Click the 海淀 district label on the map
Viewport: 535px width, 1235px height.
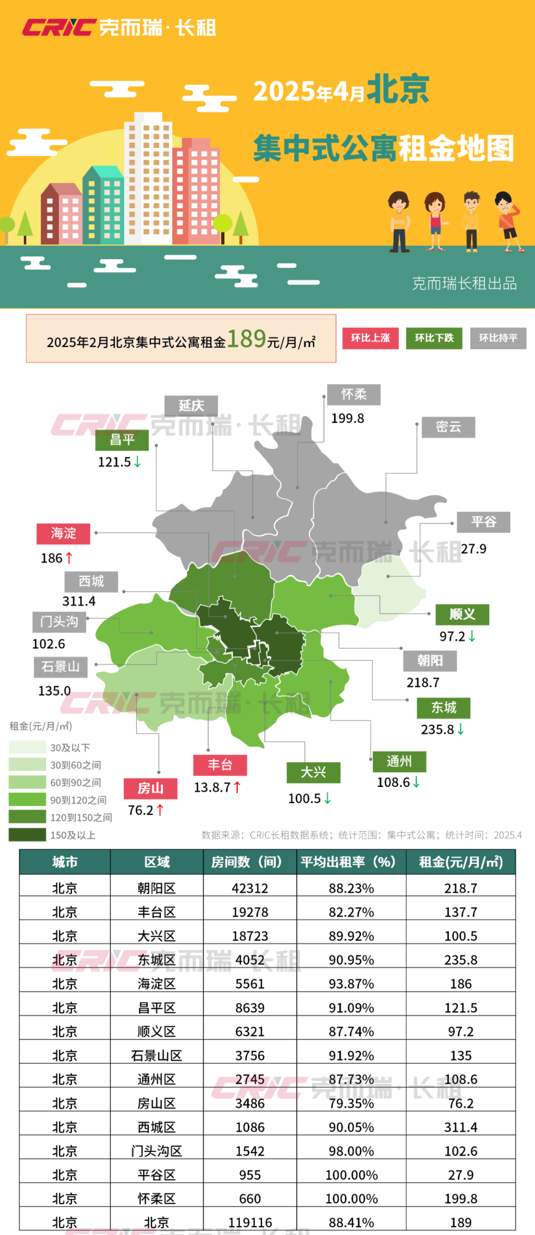coord(63,533)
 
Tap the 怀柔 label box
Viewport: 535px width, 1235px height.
coord(354,394)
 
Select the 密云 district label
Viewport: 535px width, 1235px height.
coord(448,427)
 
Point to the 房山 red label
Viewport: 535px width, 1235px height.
coord(150,788)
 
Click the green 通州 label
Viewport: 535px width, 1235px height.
coord(399,761)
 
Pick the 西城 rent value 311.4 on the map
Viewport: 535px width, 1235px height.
coord(79,601)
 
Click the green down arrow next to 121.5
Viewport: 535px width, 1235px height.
coord(138,462)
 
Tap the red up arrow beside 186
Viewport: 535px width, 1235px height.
coord(69,558)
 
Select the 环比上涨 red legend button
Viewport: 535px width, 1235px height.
coord(371,338)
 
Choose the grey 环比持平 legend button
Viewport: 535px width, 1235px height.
coord(498,338)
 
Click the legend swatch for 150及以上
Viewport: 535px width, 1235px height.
coord(27,835)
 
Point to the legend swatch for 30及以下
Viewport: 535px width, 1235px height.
coord(27,747)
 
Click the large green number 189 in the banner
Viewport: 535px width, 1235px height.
coord(247,339)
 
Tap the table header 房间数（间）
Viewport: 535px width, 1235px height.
coord(250,862)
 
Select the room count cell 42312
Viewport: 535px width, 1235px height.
coord(250,888)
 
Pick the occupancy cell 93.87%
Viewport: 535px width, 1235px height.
coord(351,984)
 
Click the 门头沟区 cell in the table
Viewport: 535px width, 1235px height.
coord(157,1151)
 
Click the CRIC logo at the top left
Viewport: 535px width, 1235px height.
coord(58,27)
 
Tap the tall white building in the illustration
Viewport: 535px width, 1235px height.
coord(148,178)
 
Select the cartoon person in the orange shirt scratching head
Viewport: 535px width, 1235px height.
coord(508,221)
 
